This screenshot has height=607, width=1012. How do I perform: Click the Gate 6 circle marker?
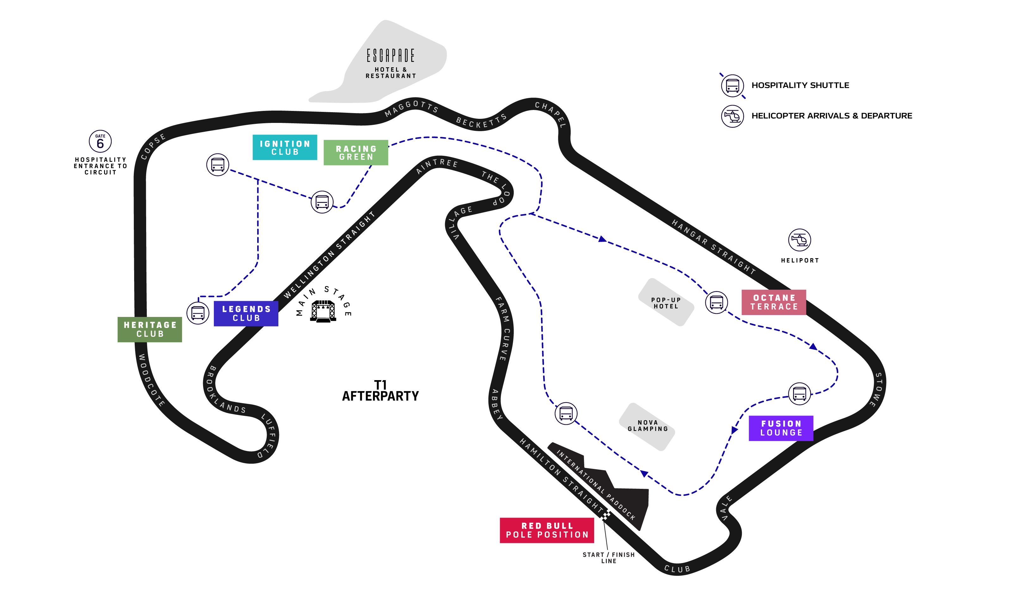point(100,142)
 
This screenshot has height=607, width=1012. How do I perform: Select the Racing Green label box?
point(356,153)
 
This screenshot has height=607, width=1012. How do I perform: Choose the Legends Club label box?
point(246,313)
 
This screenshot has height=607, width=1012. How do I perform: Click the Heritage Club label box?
point(150,329)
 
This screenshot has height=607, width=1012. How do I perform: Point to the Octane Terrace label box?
point(774,302)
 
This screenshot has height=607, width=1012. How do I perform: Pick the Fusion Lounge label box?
point(781,428)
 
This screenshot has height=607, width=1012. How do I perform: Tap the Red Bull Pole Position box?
point(547,530)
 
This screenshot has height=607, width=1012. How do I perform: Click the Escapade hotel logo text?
point(391,56)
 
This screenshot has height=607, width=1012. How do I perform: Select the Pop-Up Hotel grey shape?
point(666,303)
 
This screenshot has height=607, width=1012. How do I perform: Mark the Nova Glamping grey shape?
point(647,426)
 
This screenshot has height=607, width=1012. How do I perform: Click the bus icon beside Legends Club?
point(198,313)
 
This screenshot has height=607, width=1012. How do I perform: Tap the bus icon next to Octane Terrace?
point(717,303)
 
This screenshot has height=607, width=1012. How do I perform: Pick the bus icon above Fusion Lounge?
point(799,393)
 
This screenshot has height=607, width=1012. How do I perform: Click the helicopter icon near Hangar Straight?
point(799,240)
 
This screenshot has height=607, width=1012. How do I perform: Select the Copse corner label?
point(153,146)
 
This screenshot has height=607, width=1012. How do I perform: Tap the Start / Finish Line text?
point(608,557)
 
